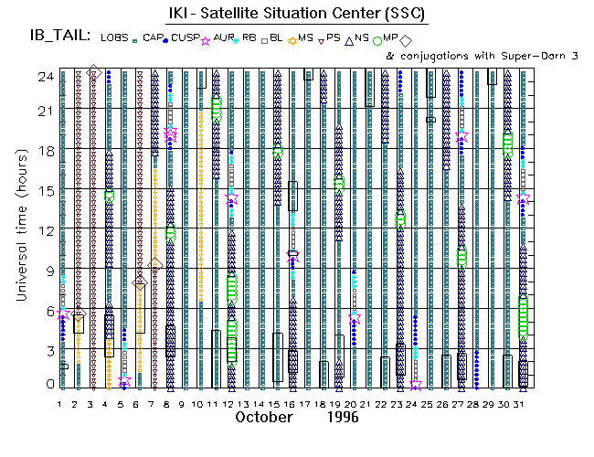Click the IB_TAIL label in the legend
pyautogui.click(x=60, y=37)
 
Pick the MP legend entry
pyautogui.click(x=390, y=37)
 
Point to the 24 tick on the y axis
pyautogui.click(x=44, y=77)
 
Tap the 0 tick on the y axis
pyautogui.click(x=48, y=385)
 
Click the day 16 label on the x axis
pyautogui.click(x=292, y=403)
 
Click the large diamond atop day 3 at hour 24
pyautogui.click(x=93, y=72)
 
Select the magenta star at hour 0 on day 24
pyautogui.click(x=416, y=385)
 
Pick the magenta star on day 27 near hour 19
pyautogui.click(x=461, y=135)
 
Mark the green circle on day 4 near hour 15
pyautogui.click(x=109, y=196)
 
